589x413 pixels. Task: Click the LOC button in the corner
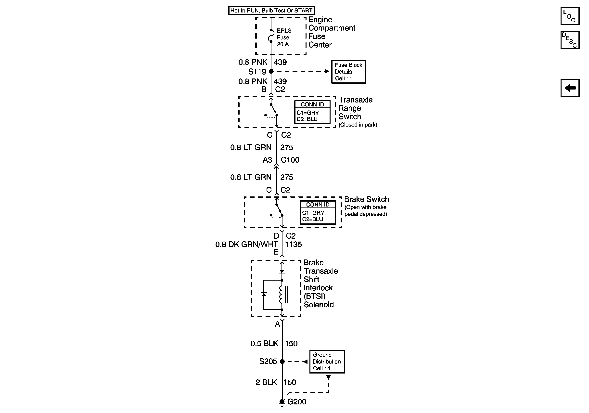pyautogui.click(x=570, y=16)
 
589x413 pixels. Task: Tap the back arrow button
pyautogui.click(x=570, y=88)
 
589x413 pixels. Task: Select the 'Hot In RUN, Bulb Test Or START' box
pyautogui.click(x=271, y=11)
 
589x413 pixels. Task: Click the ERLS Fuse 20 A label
pyautogui.click(x=284, y=38)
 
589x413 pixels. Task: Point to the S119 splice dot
pyautogui.click(x=271, y=71)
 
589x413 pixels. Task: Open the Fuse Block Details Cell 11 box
pyautogui.click(x=348, y=72)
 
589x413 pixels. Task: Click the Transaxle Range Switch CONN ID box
pyautogui.click(x=312, y=112)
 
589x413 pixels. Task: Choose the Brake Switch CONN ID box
pyautogui.click(x=318, y=212)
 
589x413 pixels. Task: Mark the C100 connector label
pyautogui.click(x=290, y=160)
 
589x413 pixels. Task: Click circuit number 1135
pyautogui.click(x=293, y=245)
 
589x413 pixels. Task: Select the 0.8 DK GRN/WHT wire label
pyautogui.click(x=246, y=245)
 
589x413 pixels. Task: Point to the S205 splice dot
pyautogui.click(x=282, y=361)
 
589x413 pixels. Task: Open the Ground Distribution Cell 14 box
pyautogui.click(x=327, y=361)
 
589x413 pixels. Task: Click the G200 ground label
pyautogui.click(x=296, y=402)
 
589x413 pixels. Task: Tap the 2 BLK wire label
pyautogui.click(x=266, y=382)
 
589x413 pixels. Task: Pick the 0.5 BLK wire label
pyautogui.click(x=264, y=344)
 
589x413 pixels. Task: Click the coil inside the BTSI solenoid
pyautogui.click(x=281, y=295)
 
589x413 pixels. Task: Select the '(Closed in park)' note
pyautogui.click(x=358, y=125)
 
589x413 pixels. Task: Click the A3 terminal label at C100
pyautogui.click(x=267, y=160)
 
